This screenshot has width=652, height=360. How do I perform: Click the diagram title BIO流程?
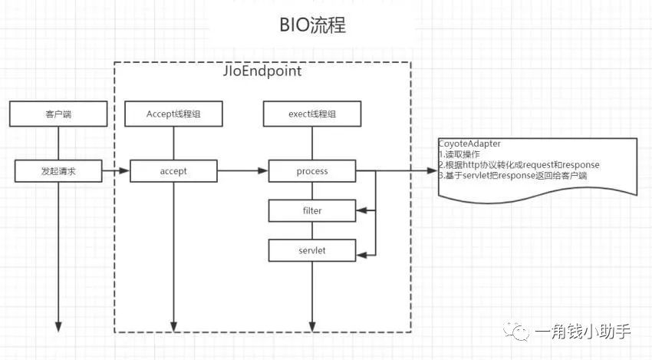[x=312, y=25]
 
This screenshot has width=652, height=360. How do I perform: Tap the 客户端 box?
[x=58, y=115]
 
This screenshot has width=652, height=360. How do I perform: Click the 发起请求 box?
[x=58, y=171]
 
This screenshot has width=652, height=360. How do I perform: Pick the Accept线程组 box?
[x=173, y=115]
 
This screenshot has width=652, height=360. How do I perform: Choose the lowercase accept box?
[x=173, y=171]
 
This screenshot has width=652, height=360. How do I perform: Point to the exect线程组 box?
[x=311, y=115]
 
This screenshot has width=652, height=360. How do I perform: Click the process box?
[x=311, y=171]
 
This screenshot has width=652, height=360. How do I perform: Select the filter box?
[x=311, y=209]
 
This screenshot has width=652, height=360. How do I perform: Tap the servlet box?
[x=311, y=249]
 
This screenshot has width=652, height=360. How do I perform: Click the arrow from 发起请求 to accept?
[x=115, y=171]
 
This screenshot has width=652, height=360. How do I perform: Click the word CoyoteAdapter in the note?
[x=470, y=144]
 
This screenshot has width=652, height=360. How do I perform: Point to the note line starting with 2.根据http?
[x=519, y=165]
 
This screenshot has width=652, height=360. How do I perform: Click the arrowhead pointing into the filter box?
[x=361, y=209]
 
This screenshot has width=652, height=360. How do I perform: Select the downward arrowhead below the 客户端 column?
[x=58, y=325]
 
